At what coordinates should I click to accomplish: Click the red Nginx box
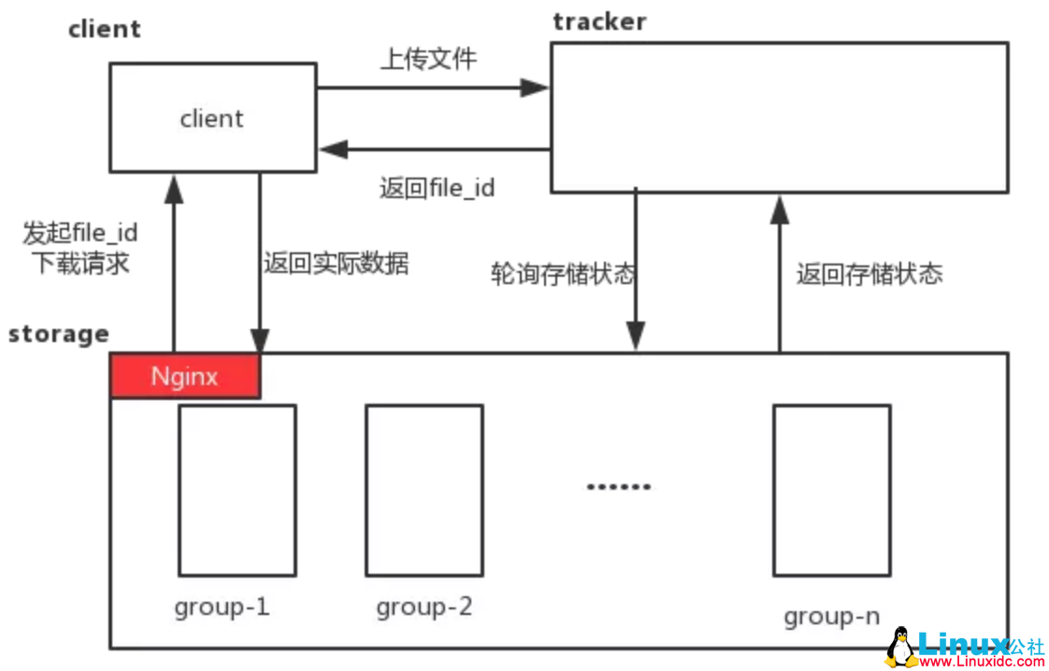185,377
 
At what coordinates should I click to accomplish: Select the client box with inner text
212,118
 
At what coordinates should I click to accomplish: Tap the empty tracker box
779,118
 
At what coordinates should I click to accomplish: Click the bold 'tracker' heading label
598,21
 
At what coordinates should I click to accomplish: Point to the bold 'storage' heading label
58,334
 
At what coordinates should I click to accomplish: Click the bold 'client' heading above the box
104,29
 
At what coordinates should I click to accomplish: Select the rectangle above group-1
237,490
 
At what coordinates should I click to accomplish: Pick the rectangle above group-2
424,490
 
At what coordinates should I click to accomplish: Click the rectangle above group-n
831,490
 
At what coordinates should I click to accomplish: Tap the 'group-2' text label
424,607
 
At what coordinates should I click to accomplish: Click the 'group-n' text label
831,617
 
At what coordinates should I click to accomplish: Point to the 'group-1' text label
222,607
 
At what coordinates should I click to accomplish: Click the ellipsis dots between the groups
618,487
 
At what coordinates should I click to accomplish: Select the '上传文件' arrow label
428,59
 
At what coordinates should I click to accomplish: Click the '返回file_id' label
437,188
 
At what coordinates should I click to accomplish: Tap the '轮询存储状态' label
563,274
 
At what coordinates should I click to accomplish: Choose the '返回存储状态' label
869,274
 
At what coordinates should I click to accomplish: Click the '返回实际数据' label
336,264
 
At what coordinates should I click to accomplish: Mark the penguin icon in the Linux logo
900,647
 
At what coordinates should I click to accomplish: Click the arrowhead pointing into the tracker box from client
535,88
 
